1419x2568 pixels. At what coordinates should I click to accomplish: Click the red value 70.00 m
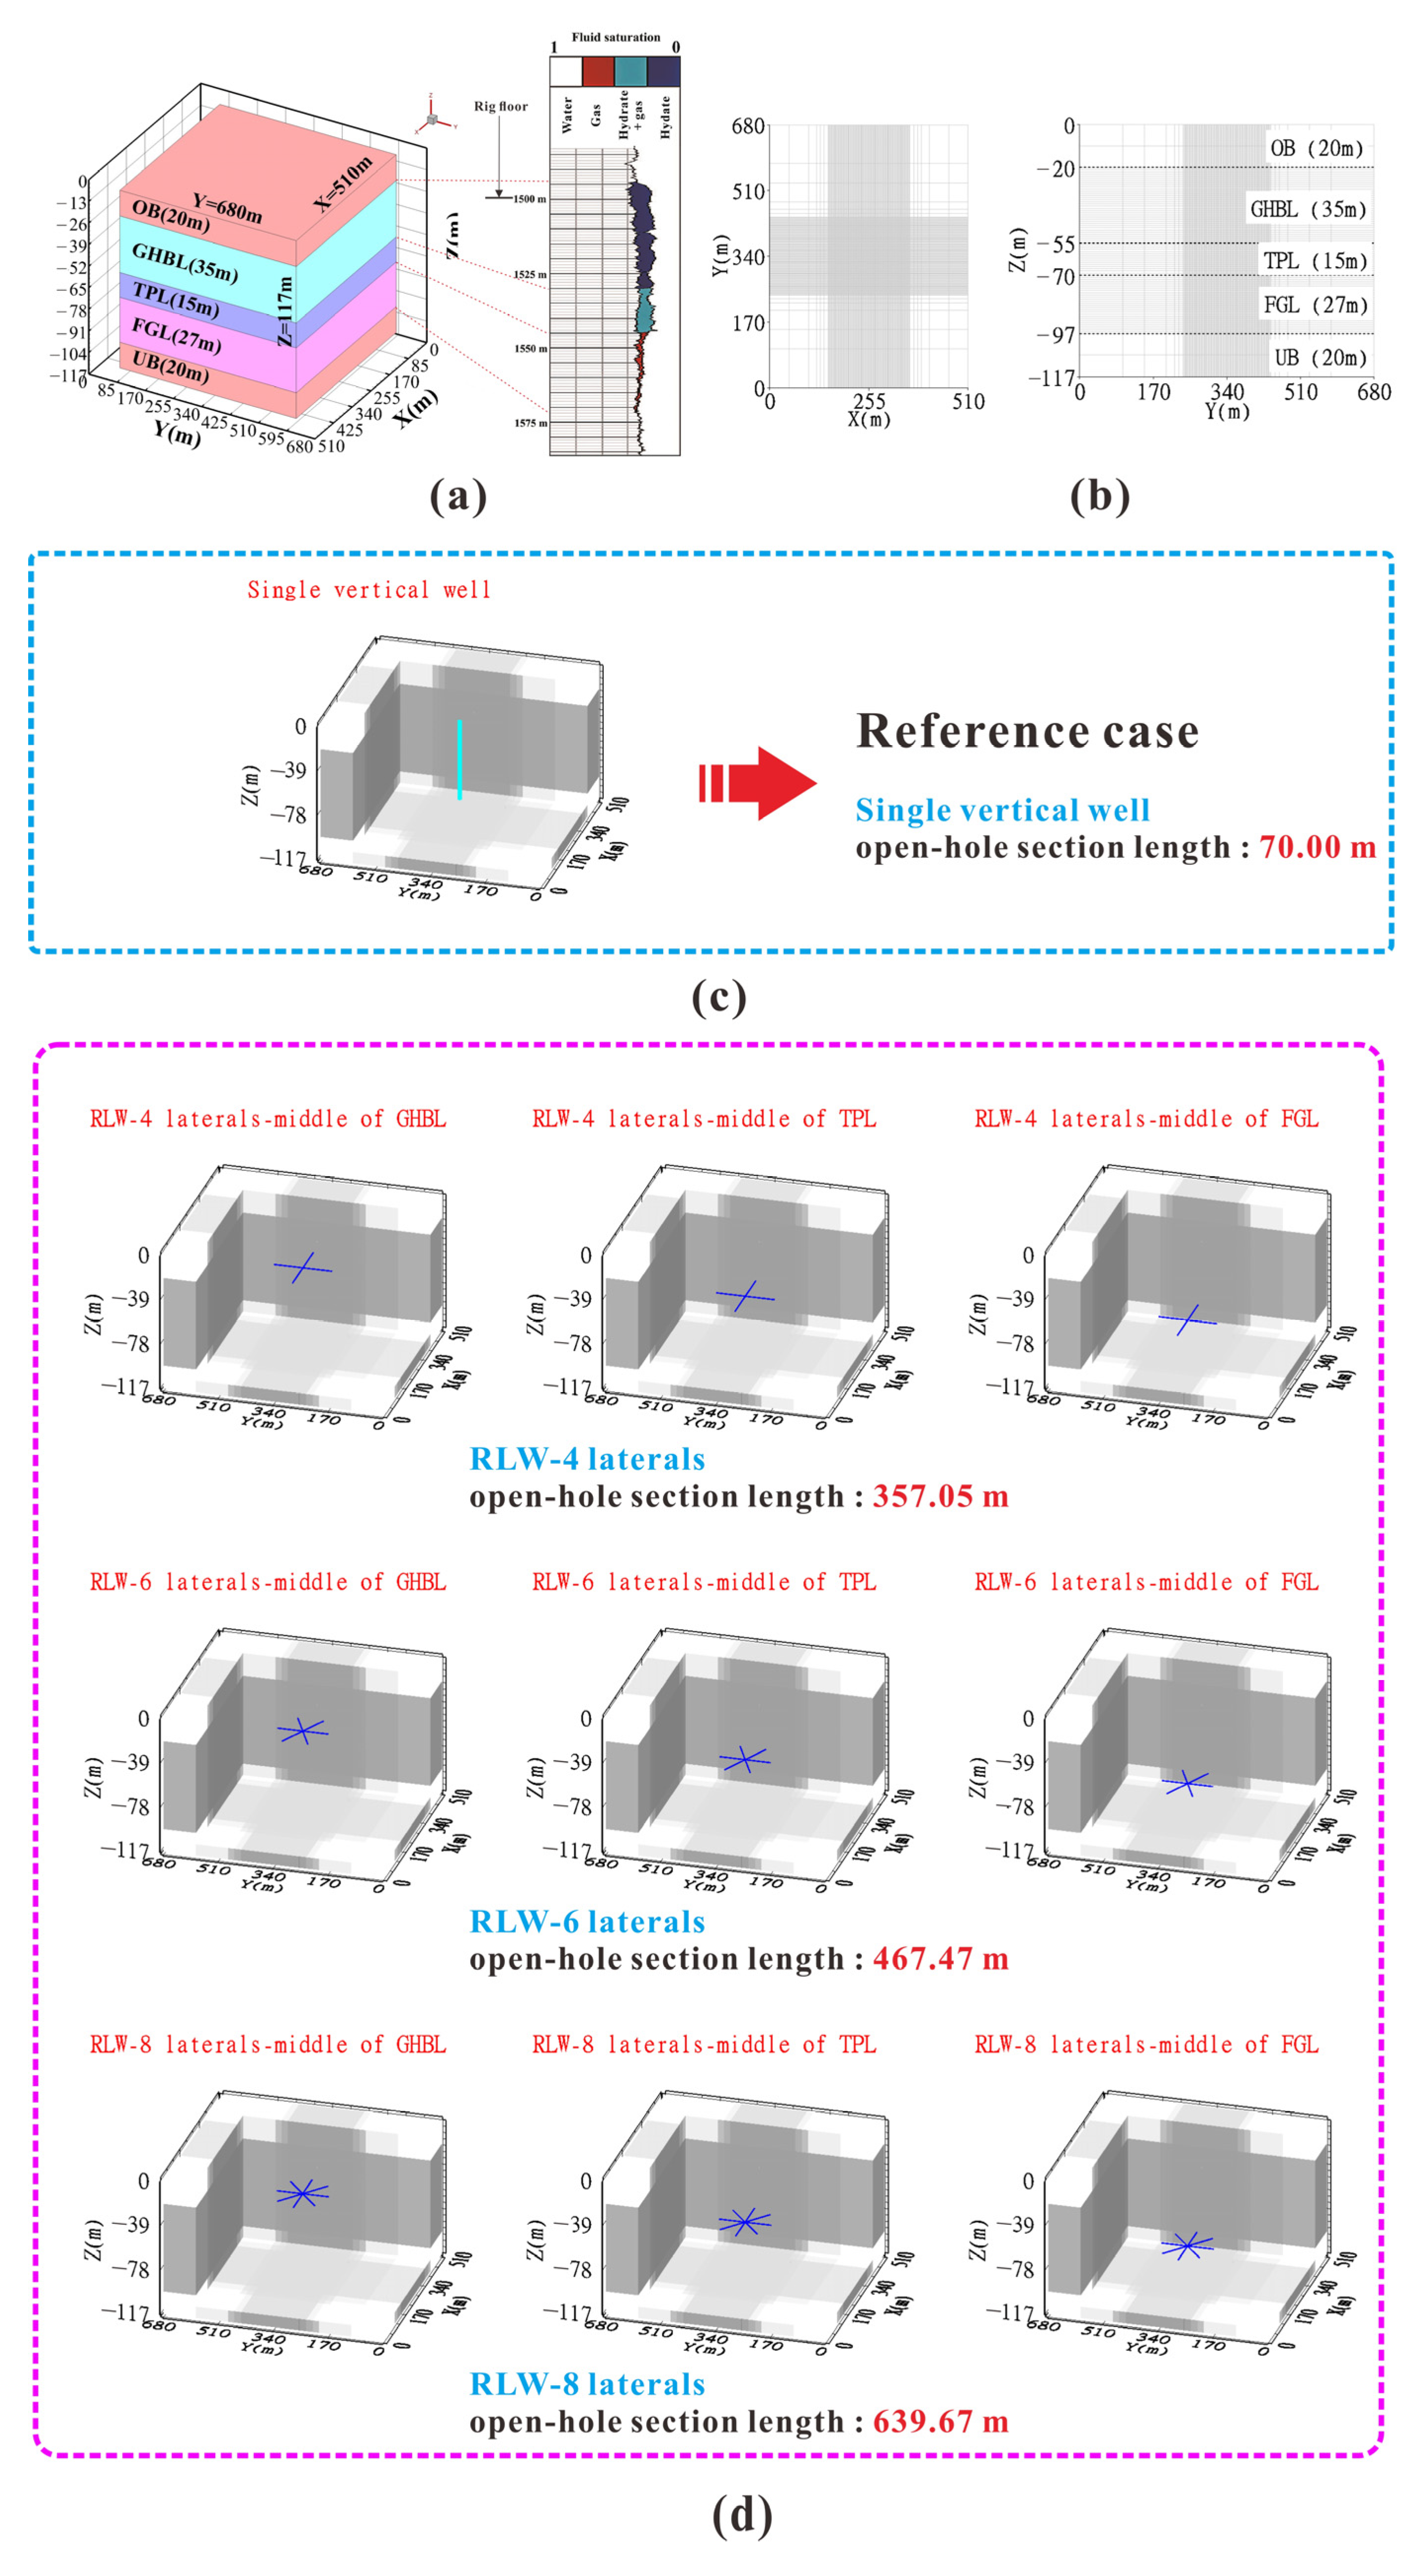point(1316,847)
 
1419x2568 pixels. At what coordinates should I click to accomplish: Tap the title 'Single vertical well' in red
point(369,590)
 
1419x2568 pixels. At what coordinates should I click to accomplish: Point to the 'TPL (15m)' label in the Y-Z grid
point(1314,261)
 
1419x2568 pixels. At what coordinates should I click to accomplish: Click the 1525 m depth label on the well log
point(530,274)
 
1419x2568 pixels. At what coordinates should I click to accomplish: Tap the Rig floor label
point(501,107)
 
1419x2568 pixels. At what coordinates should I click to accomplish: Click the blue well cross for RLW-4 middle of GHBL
point(303,1268)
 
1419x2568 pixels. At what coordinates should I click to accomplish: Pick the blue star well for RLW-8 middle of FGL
point(1187,2246)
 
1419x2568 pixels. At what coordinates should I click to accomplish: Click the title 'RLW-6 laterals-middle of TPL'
point(704,1582)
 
